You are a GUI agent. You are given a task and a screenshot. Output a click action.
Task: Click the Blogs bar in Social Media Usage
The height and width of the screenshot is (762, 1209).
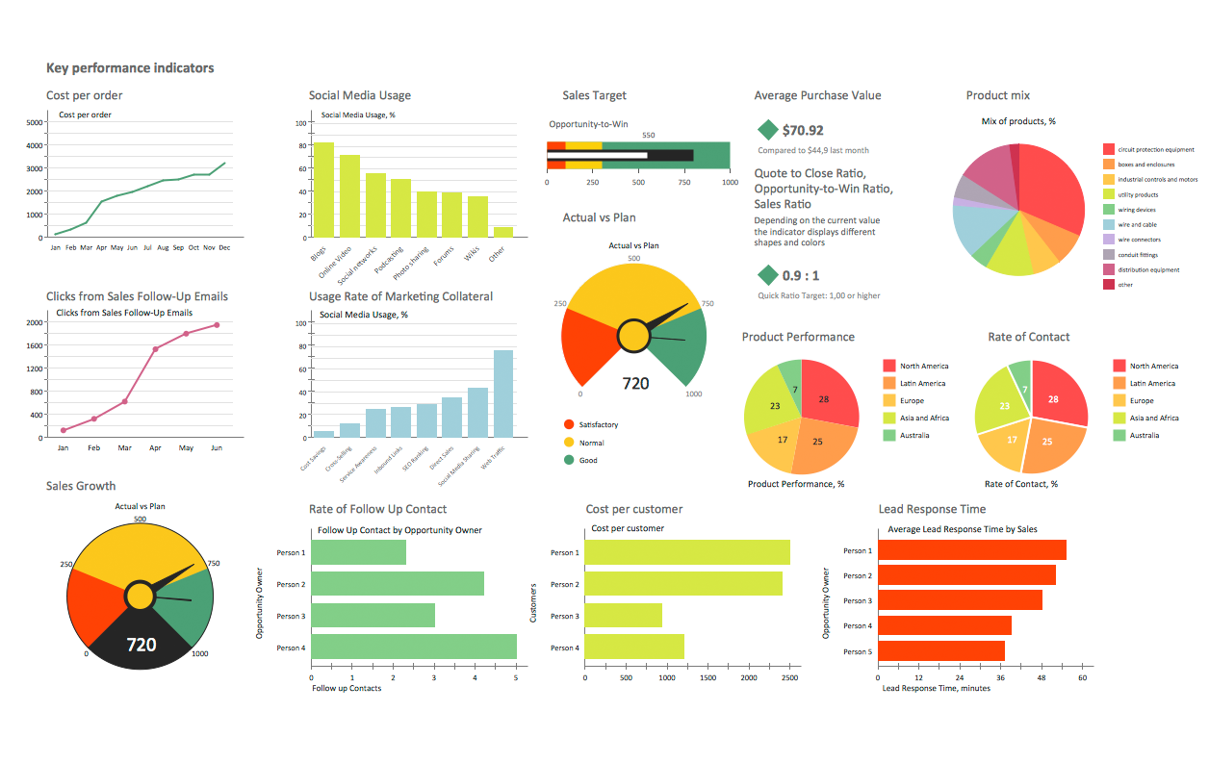pyautogui.click(x=323, y=190)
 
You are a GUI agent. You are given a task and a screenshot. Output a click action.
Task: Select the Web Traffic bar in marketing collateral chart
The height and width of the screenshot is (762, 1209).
pyautogui.click(x=503, y=394)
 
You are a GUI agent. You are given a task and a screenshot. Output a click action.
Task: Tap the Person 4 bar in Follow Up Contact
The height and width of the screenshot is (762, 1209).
pyautogui.click(x=414, y=647)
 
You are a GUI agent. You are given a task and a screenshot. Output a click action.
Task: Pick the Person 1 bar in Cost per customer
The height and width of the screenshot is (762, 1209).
pyautogui.click(x=687, y=552)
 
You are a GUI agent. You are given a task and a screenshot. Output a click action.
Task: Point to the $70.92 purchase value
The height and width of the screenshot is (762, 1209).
pyautogui.click(x=803, y=130)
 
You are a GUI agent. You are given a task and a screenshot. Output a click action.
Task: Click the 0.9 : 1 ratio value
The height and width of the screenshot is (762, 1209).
pyautogui.click(x=801, y=275)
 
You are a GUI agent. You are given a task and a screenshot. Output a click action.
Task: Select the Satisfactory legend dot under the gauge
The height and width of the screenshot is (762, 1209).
pyautogui.click(x=569, y=424)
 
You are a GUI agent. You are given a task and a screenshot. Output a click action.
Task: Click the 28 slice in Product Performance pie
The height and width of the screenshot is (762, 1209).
pyautogui.click(x=825, y=398)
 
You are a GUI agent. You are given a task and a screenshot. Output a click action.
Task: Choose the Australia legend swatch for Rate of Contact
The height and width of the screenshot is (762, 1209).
pyautogui.click(x=1119, y=435)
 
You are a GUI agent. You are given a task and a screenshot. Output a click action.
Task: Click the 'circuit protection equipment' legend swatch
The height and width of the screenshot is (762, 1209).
pyautogui.click(x=1109, y=149)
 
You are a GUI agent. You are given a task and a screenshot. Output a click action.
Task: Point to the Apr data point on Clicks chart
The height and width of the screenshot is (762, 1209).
pyautogui.click(x=155, y=348)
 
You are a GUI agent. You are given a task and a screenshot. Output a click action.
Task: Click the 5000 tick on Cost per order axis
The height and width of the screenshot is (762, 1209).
pyautogui.click(x=34, y=123)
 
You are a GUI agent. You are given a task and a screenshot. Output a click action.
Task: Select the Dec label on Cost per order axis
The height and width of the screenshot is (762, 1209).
pyautogui.click(x=224, y=247)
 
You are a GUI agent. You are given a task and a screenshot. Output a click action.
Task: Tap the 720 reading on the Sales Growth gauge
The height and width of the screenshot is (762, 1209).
pyautogui.click(x=141, y=645)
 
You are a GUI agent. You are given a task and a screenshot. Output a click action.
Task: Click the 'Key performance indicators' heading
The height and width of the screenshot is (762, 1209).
pyautogui.click(x=130, y=68)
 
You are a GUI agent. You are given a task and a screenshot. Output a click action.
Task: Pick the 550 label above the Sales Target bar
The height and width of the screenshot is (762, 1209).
pyautogui.click(x=648, y=136)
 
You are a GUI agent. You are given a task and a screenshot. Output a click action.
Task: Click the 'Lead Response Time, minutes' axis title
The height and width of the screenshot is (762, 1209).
pyautogui.click(x=936, y=688)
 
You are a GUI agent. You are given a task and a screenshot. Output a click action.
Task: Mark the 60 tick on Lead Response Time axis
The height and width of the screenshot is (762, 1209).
pyautogui.click(x=1082, y=677)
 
